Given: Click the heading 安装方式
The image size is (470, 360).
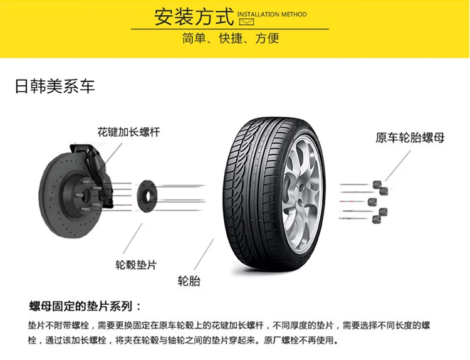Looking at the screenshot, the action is click(x=194, y=16).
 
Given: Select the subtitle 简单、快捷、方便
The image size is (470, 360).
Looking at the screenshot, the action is click(x=230, y=39).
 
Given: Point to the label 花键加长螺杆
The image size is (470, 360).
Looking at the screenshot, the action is click(x=128, y=132).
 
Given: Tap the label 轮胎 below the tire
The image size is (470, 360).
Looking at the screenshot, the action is click(x=189, y=280).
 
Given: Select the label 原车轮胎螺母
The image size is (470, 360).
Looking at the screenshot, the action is click(x=410, y=137).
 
